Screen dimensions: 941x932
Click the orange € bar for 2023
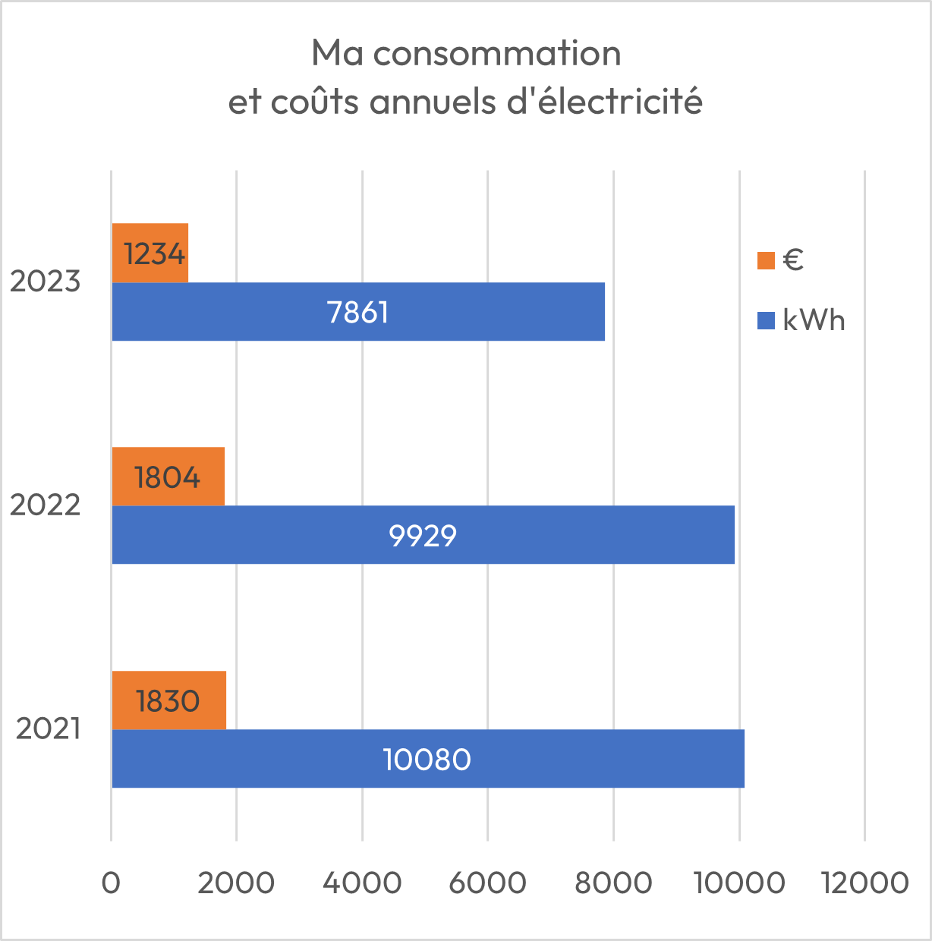(x=150, y=253)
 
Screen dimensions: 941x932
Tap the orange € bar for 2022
(x=168, y=477)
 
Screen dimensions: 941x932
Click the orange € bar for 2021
(x=168, y=700)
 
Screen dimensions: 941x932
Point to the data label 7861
(x=357, y=312)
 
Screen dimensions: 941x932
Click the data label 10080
(x=427, y=759)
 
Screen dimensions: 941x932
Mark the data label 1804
(x=168, y=477)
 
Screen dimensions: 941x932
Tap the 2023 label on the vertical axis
(x=45, y=282)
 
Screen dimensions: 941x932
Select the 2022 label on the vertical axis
(x=45, y=505)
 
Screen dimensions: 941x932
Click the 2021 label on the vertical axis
(x=48, y=729)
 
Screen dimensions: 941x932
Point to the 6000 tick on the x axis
(x=487, y=883)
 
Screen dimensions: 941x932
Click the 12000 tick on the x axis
(x=864, y=883)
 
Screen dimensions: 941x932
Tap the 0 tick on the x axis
(x=112, y=883)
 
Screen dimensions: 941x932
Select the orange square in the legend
(x=766, y=260)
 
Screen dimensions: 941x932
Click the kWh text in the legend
(x=814, y=320)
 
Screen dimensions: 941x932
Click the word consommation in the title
(x=497, y=54)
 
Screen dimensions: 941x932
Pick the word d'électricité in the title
(x=604, y=102)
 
